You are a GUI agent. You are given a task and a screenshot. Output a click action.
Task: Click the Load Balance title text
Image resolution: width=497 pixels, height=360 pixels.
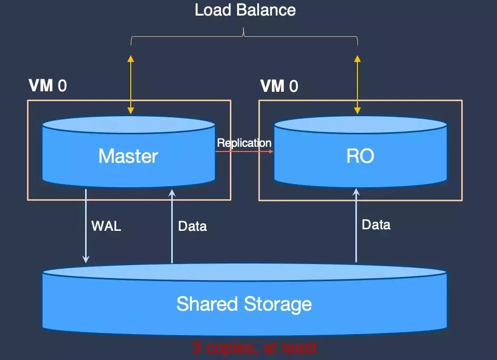tap(245, 10)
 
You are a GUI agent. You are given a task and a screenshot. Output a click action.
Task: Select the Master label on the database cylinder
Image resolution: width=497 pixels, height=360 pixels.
tap(128, 156)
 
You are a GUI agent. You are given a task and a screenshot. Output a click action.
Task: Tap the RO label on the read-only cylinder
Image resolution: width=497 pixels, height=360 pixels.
tap(360, 156)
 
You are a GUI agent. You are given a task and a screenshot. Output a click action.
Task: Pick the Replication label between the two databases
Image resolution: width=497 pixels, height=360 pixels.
tap(244, 143)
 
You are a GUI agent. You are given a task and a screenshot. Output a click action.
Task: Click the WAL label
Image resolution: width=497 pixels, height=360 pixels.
tap(106, 226)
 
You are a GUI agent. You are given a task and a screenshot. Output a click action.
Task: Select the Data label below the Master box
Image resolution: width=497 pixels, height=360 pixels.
tap(192, 226)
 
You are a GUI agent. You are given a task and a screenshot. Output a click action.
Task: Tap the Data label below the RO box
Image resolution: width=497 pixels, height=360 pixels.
tap(376, 225)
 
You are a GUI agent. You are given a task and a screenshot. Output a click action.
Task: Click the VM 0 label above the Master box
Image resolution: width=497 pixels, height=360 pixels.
tap(47, 86)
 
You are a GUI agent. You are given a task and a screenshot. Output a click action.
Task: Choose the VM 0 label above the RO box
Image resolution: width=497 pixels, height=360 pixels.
tap(279, 86)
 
